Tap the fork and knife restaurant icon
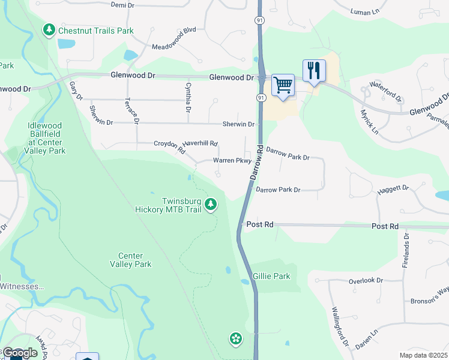click(x=313, y=71)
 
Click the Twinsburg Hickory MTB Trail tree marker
click(x=210, y=205)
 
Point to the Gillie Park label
click(x=271, y=277)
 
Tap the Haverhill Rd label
click(x=200, y=143)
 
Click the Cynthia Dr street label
click(x=188, y=98)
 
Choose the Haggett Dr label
click(x=393, y=190)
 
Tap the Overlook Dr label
click(x=366, y=280)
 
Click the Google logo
click(x=19, y=353)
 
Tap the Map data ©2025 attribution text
click(x=423, y=355)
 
